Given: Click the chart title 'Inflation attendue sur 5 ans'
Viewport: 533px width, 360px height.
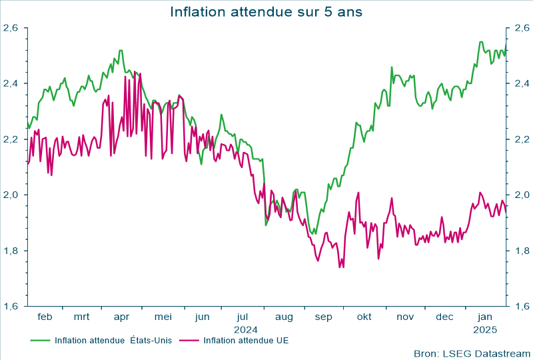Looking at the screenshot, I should click(266, 11).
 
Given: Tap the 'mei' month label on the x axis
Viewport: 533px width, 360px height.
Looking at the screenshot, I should click(163, 317).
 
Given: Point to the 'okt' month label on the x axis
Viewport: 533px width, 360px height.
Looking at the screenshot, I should click(364, 317).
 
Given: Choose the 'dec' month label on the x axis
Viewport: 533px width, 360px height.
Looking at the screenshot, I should click(445, 317).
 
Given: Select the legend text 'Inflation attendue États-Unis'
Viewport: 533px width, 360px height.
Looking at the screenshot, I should click(113, 341).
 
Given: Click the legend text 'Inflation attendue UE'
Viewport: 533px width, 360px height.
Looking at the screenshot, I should click(245, 341).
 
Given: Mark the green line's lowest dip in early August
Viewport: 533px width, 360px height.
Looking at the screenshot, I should click(266, 225).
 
